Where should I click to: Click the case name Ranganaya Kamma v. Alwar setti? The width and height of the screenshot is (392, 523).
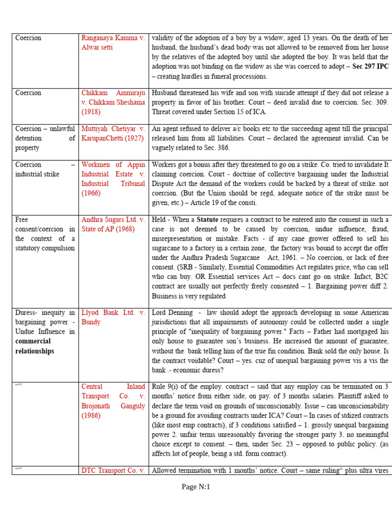(113, 42)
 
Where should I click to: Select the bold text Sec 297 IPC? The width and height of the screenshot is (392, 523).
(371, 66)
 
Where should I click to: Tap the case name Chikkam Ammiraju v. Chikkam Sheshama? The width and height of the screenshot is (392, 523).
(113, 102)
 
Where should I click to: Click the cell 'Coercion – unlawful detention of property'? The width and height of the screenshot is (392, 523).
(45, 138)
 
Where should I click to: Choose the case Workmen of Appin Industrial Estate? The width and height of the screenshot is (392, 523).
(113, 179)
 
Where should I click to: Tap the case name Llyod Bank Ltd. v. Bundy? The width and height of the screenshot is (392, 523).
(113, 317)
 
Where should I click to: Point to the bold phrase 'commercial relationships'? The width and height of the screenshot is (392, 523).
(35, 346)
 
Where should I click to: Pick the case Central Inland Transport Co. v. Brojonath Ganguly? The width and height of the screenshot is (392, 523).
(113, 401)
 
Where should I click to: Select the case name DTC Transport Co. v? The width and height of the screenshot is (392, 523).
(113, 470)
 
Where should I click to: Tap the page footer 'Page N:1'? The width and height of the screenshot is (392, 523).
(196, 487)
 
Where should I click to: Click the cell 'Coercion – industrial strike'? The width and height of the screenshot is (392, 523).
(45, 169)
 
